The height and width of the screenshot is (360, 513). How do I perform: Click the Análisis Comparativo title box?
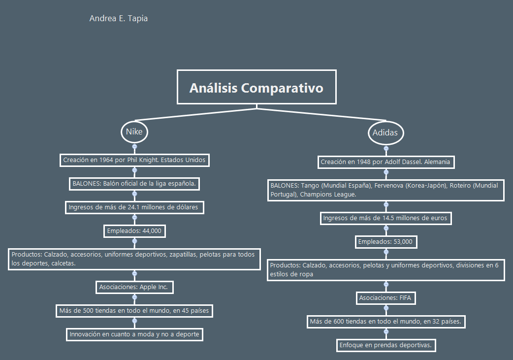pos(256,87)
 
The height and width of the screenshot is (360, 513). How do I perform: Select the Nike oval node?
pos(134,132)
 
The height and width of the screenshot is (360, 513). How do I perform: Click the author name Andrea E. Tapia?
pos(119,19)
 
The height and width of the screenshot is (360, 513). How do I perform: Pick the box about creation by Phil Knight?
pos(134,160)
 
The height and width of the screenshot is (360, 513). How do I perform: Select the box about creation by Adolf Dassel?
pos(385,162)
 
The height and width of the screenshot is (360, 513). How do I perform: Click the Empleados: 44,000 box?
pos(134,231)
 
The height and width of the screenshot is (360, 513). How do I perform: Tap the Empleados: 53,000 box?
pos(385,242)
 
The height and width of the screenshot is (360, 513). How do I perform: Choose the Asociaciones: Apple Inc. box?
pos(134,287)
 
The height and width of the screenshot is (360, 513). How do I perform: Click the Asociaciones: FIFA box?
pos(385,298)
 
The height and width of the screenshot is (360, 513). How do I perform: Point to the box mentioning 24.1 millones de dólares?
pos(134,207)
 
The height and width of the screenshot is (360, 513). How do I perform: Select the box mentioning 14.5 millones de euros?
pos(385,218)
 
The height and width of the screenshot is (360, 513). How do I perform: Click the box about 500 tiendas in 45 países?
pos(134,311)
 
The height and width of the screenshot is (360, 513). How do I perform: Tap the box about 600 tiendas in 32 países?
pos(385,322)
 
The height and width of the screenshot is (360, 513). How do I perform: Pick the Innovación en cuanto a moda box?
pos(134,334)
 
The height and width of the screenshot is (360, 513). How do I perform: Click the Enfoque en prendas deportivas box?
pos(385,345)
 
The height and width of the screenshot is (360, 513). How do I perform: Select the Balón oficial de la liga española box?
pos(134,184)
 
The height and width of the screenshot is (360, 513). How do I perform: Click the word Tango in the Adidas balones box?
pos(310,186)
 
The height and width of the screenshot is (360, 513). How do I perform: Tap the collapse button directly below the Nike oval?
pos(134,147)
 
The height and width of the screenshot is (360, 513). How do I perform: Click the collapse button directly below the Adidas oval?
pos(386,148)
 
